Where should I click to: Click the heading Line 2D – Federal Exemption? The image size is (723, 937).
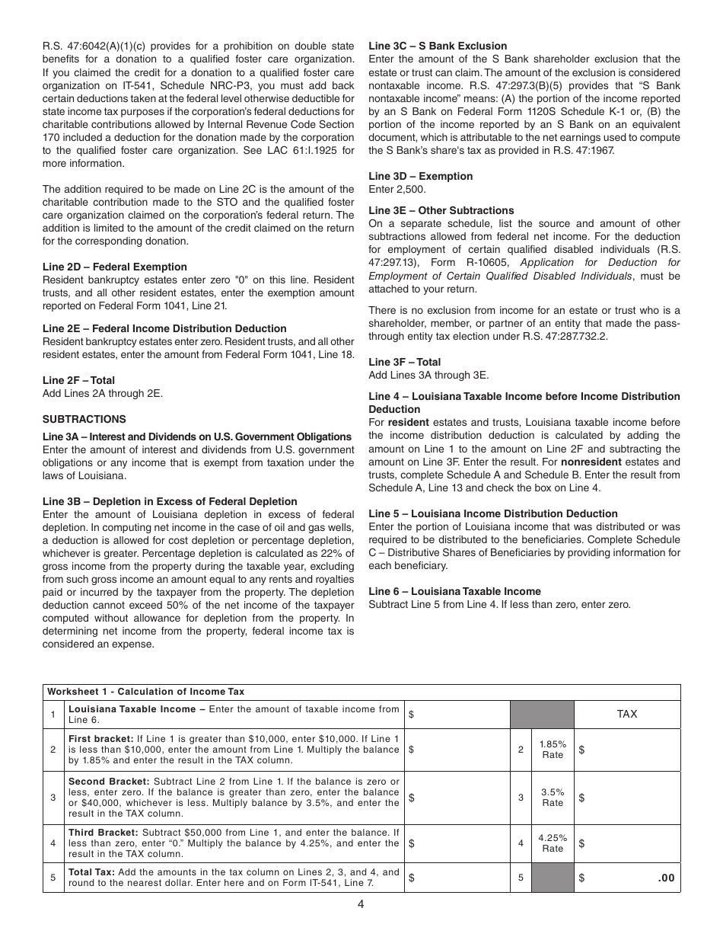click(x=114, y=267)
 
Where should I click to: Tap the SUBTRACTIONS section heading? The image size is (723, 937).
click(x=84, y=419)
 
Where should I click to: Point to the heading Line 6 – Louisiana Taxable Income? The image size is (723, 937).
click(x=454, y=591)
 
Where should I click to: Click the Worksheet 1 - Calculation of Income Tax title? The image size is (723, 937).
click(x=146, y=692)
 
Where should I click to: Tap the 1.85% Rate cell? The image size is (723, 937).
click(x=553, y=750)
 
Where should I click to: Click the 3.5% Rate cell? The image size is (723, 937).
click(x=553, y=798)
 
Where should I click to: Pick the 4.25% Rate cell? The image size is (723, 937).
click(x=553, y=843)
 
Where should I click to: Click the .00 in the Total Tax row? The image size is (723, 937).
click(x=666, y=878)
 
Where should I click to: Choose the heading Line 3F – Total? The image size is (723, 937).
click(x=404, y=362)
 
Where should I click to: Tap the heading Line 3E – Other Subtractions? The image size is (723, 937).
click(x=441, y=210)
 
